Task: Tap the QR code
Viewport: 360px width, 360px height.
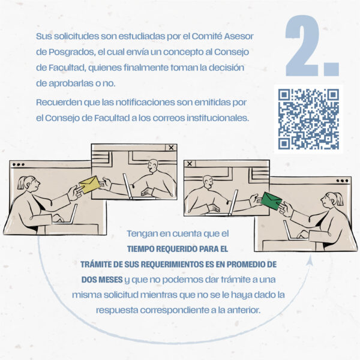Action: [308, 119]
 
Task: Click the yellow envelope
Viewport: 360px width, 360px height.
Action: [90, 184]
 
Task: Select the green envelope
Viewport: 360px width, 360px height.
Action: [272, 201]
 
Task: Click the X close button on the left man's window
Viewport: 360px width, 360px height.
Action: [171, 148]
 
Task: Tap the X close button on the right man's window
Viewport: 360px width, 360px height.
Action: [190, 164]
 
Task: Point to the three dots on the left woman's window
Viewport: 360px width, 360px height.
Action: [19, 164]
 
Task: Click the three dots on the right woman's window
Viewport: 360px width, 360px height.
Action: [342, 181]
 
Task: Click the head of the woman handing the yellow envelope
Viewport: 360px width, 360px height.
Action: [29, 184]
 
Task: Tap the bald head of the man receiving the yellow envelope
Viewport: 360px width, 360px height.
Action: [153, 166]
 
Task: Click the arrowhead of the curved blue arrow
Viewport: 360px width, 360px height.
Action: [310, 260]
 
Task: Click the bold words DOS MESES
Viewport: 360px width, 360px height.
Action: [102, 280]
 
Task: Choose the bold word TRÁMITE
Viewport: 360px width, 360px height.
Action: [95, 264]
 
